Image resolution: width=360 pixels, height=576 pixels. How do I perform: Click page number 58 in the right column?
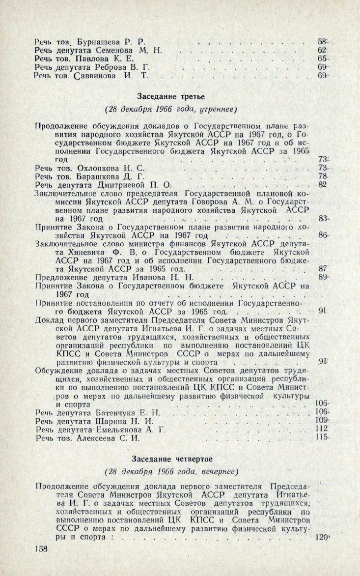[322, 41]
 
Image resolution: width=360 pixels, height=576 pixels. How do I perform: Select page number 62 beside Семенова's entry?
[322, 50]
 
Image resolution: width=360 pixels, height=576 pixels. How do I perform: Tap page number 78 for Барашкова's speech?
[322, 176]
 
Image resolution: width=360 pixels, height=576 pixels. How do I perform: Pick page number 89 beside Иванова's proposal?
[322, 277]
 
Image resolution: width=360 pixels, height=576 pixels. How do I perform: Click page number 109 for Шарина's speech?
[320, 421]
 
